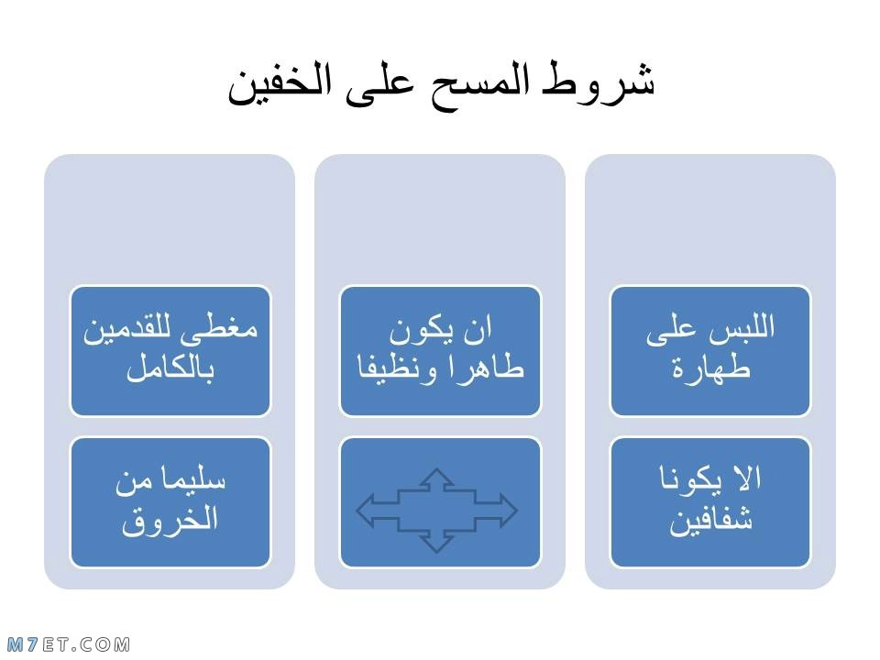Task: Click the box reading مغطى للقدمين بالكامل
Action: [170, 351]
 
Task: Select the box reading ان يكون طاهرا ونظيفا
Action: [440, 351]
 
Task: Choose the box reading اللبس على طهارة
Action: [710, 351]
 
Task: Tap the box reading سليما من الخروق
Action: [170, 503]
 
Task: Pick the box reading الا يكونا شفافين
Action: [710, 503]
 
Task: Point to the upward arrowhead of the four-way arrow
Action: [436, 477]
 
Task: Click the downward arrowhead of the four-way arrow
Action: [436, 544]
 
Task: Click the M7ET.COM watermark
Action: [69, 644]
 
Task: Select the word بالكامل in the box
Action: [170, 368]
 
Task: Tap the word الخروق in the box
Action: [170, 521]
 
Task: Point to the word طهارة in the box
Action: [710, 368]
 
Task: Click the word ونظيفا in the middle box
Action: [397, 368]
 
